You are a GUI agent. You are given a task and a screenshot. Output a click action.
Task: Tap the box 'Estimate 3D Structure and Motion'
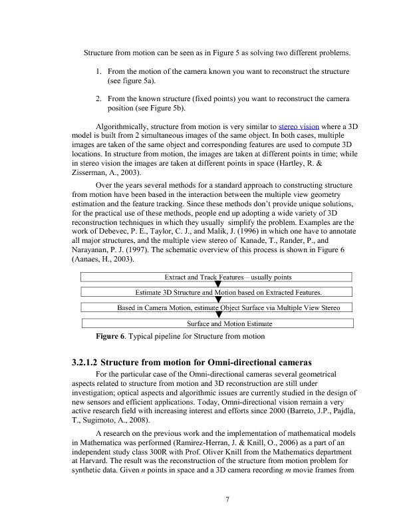click(x=227, y=292)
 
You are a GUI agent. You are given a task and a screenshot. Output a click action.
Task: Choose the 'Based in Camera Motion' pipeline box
click(x=227, y=308)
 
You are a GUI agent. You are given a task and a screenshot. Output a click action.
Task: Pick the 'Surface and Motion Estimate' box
click(x=227, y=323)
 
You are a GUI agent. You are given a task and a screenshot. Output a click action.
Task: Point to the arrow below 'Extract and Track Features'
click(x=217, y=285)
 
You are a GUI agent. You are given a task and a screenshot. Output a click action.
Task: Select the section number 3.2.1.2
click(x=84, y=363)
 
